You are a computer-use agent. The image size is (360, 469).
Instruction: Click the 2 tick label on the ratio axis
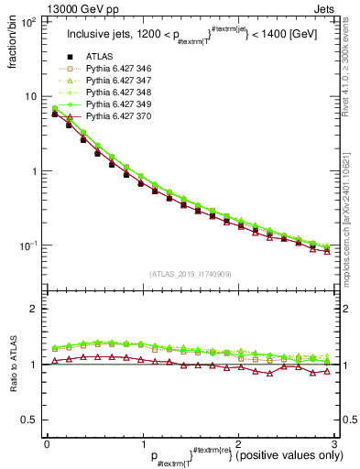click(33, 309)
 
